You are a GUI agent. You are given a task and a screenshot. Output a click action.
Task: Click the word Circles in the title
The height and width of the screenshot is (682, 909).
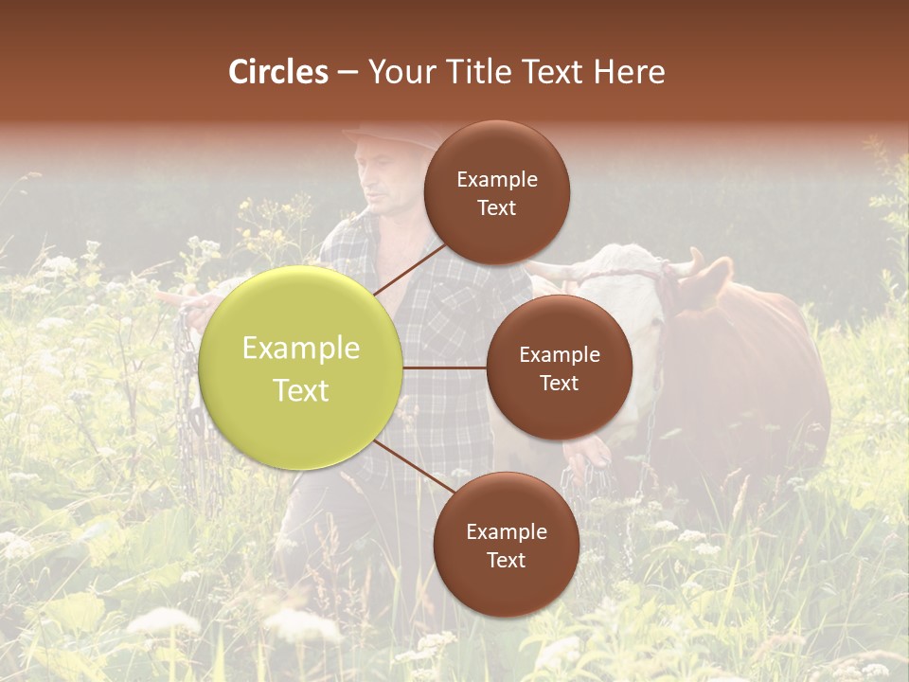[278, 72]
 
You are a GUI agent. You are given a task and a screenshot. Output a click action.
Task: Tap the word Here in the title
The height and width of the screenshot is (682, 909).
[629, 72]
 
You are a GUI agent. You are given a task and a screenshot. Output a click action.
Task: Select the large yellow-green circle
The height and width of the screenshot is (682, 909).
[301, 368]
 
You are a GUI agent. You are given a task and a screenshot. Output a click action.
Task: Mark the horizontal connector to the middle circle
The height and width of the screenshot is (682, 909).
[445, 368]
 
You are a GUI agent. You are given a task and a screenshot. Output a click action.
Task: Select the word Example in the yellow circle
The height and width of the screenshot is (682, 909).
[301, 349]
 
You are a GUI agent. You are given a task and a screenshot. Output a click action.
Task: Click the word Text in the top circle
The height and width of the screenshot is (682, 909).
[497, 208]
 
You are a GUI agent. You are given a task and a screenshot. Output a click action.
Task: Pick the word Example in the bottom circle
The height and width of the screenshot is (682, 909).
[507, 532]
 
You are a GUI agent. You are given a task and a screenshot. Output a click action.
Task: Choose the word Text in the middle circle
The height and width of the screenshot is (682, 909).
[560, 384]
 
